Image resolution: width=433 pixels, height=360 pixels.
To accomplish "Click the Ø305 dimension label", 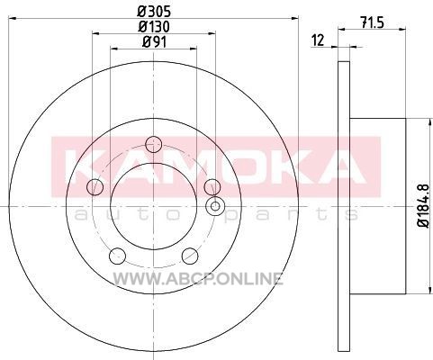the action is (x=154, y=12).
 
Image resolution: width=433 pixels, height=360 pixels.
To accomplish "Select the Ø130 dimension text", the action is (x=154, y=26).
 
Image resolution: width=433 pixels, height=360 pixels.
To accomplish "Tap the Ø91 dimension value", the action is (x=154, y=41).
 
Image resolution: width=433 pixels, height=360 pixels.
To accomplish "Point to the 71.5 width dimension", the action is (x=372, y=22).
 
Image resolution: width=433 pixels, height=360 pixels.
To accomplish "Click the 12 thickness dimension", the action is (x=318, y=40).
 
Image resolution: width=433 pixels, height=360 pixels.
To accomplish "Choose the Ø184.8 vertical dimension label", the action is (x=424, y=206).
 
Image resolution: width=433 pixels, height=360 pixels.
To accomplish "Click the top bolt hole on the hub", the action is (x=153, y=144).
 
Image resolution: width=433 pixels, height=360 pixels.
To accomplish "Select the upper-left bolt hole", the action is (x=95, y=187).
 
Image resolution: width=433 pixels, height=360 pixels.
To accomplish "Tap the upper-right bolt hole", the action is (x=212, y=187).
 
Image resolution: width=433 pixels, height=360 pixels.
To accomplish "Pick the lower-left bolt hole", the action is (x=117, y=256).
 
